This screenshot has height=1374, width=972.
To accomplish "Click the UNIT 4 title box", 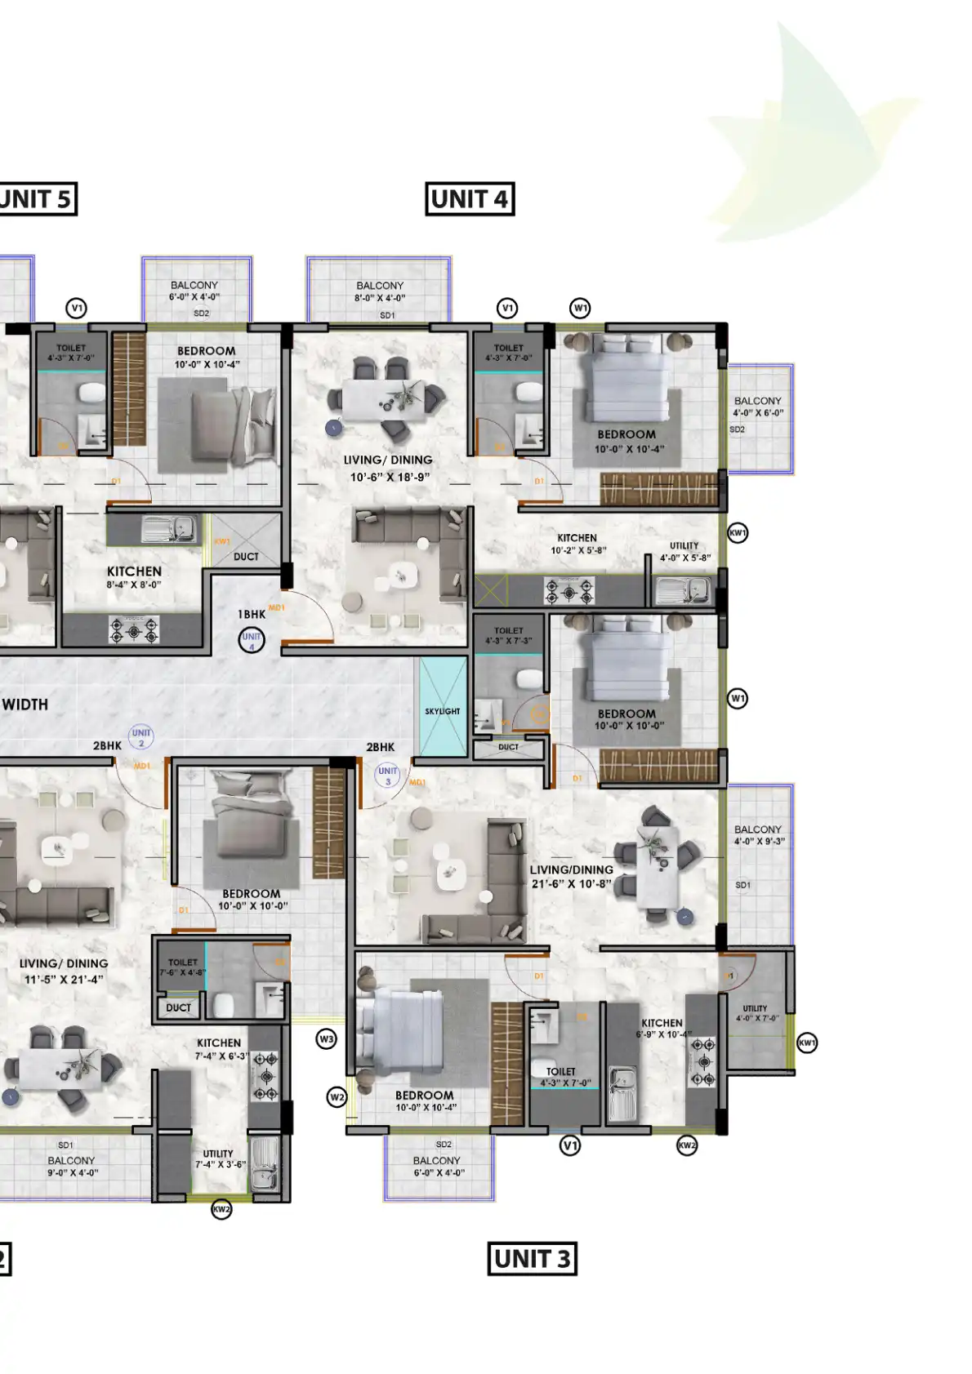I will tap(470, 199).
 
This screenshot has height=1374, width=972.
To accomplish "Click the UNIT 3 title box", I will tap(532, 1258).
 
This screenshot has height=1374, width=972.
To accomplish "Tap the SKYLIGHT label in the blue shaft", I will tap(442, 711).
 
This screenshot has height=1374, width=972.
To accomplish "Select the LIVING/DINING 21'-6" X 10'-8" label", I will tap(571, 877).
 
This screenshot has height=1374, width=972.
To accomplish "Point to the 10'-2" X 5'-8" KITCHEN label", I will tap(577, 544).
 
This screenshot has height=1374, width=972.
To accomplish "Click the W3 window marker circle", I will tap(326, 1039).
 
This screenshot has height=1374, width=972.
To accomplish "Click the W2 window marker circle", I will tap(337, 1097).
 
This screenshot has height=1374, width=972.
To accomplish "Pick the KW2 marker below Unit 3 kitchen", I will tap(687, 1145).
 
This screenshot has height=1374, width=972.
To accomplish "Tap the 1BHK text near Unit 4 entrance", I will tap(252, 614).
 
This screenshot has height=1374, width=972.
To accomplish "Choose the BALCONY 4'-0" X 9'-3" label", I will tap(759, 834).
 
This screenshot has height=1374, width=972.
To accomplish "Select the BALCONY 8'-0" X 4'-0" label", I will tap(380, 291).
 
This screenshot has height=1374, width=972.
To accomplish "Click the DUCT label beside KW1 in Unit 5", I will tap(246, 557).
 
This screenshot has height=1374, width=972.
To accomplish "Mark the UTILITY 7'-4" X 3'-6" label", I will tap(219, 1159).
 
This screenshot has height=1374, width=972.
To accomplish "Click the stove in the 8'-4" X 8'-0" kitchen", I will tap(134, 629).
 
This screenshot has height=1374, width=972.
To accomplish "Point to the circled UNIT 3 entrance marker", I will tap(387, 774).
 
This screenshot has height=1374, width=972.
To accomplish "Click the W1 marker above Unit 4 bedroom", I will tap(580, 308).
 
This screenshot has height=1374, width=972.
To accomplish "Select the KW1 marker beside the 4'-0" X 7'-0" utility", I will tap(806, 1043).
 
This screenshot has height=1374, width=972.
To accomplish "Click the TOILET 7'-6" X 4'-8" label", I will tap(183, 967).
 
